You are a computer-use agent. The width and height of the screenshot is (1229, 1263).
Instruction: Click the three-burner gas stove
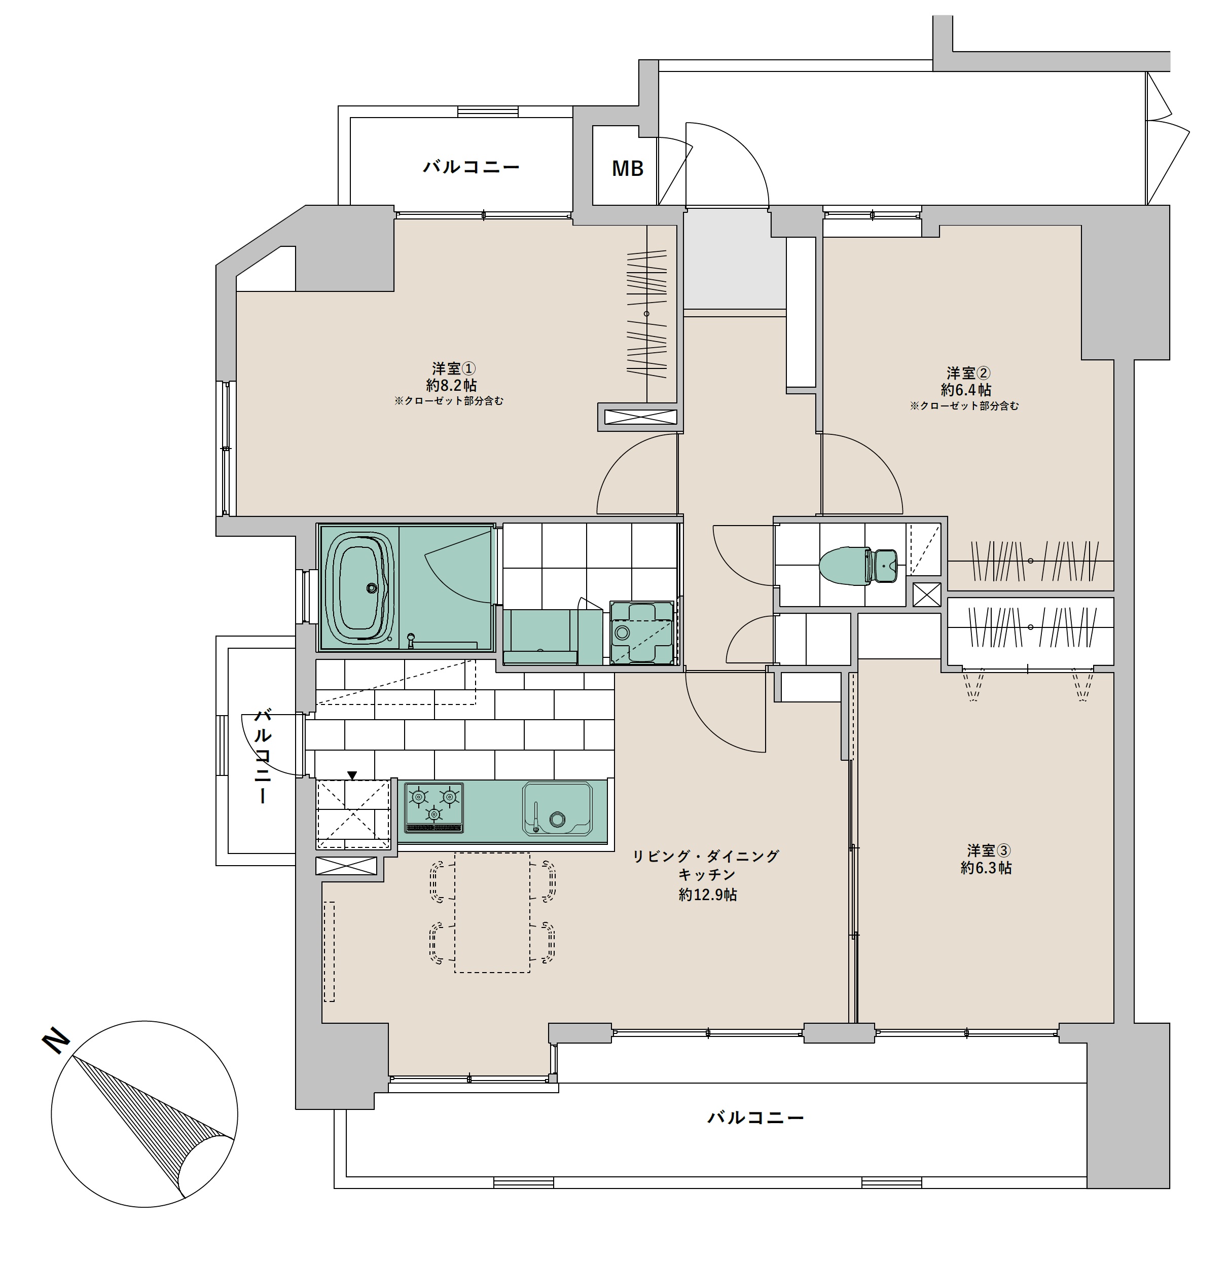(x=434, y=807)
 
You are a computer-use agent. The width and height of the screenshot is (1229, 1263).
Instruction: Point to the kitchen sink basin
(x=557, y=809)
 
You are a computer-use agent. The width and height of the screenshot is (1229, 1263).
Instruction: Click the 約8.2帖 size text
(x=451, y=385)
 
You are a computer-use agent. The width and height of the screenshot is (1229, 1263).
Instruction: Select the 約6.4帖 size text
(x=966, y=390)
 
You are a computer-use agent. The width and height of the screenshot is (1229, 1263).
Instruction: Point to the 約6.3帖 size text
(x=986, y=868)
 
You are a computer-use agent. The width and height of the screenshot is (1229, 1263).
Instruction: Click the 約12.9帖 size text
(x=707, y=895)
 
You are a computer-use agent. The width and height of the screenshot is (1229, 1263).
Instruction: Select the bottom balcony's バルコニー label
(x=756, y=1118)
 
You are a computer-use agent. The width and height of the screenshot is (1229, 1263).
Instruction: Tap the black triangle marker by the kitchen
(x=352, y=775)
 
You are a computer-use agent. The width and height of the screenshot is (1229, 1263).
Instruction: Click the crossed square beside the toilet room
(x=926, y=595)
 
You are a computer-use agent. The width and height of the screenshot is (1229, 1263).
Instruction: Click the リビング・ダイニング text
(x=706, y=857)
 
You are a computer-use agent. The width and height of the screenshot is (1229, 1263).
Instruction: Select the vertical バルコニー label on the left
(x=263, y=756)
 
